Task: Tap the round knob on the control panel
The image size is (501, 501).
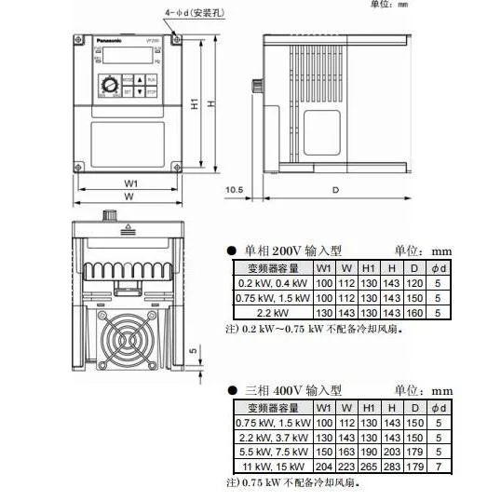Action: coord(110,85)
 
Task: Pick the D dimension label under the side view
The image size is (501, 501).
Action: coord(334,190)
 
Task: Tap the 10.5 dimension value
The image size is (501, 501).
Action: coord(234,190)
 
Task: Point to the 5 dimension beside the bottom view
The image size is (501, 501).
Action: coord(193,351)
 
